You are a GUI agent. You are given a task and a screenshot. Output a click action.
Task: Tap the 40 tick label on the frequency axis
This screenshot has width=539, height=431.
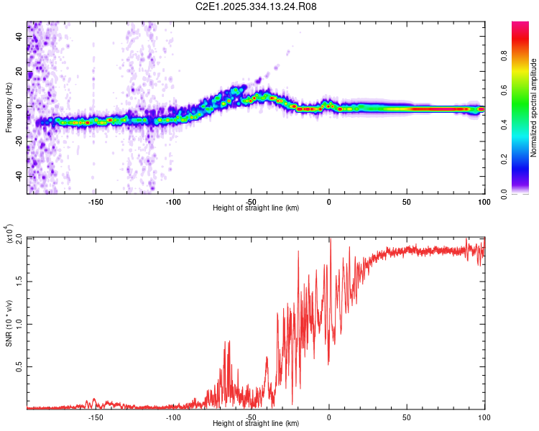point(20,37)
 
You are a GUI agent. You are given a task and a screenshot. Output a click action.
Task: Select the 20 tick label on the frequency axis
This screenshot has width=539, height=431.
point(20,72)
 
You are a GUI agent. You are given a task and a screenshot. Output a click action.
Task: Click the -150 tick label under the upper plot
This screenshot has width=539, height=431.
point(96,201)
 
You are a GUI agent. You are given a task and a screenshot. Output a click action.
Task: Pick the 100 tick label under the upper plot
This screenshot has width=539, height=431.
point(484,201)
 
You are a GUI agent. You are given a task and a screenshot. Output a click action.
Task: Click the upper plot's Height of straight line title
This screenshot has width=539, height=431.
point(256,208)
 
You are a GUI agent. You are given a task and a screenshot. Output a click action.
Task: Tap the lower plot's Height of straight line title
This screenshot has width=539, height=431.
point(256,423)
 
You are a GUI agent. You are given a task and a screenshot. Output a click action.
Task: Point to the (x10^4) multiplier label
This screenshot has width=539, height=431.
point(11,235)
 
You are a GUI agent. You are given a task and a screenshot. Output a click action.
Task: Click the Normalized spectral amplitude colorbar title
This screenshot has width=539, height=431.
point(534,108)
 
